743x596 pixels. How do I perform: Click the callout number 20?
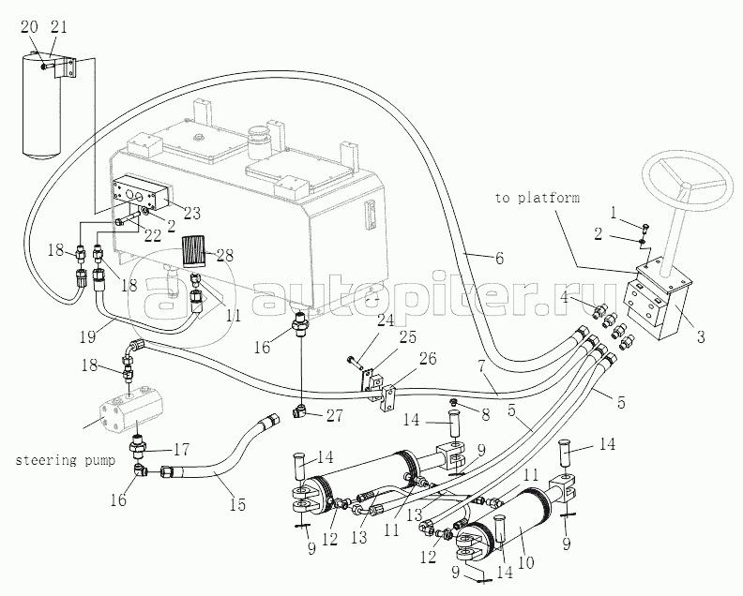click(29, 28)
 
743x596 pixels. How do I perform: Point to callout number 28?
click(226, 256)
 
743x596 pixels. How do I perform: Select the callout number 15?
click(236, 505)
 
